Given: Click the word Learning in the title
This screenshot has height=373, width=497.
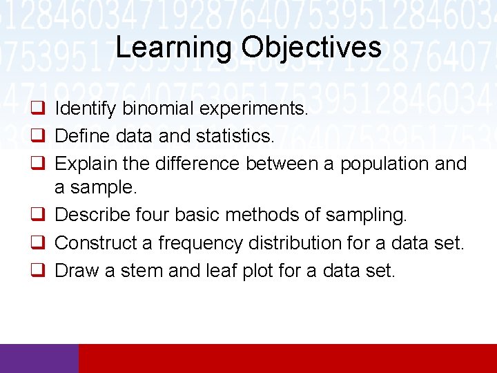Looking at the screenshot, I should (x=175, y=47).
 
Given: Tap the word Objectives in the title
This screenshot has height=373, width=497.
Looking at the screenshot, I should (x=311, y=47).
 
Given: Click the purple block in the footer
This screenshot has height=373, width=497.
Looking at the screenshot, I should (x=39, y=358).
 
